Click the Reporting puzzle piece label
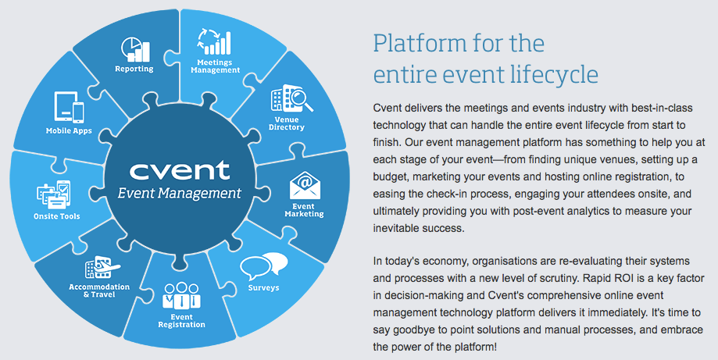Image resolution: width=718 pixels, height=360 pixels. pos(134,69)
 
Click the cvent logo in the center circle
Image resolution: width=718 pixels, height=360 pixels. pos(175,169)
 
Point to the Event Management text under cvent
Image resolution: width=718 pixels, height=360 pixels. pos(175,192)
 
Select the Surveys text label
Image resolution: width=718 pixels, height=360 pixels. pos(264,288)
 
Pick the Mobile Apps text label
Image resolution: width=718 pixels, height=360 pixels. pos(69,130)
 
